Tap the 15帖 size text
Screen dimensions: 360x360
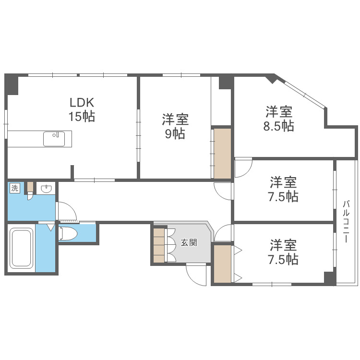[x=82, y=116]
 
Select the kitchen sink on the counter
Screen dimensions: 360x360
[x=54, y=139]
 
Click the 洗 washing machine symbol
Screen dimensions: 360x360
[x=14, y=188]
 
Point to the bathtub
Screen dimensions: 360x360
[x=21, y=249]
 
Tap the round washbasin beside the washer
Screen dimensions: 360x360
[x=46, y=189]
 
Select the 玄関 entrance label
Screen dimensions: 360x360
[x=189, y=242]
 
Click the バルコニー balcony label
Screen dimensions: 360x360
[x=346, y=221]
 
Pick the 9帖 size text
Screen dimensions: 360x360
[x=175, y=134]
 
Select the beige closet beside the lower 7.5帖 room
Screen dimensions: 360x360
[x=222, y=264]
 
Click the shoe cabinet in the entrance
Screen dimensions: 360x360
[x=158, y=245]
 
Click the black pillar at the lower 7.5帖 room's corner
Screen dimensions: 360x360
[x=329, y=278]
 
